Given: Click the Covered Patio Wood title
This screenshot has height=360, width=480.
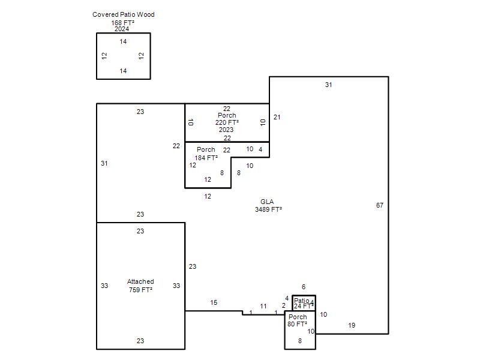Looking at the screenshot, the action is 124,14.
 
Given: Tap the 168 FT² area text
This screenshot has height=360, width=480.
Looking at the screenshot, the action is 123,23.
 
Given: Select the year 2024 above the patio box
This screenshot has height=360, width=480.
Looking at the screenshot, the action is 122,29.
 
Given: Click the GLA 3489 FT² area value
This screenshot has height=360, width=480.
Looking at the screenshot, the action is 268,209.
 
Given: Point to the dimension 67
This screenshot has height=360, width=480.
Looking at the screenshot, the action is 380,205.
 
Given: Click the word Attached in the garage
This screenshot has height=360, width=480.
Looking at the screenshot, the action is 140,281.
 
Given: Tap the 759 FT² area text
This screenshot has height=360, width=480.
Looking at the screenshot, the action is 140,290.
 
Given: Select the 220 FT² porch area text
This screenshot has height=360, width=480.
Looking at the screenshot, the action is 227,122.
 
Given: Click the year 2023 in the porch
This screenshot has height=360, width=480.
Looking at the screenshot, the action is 226,130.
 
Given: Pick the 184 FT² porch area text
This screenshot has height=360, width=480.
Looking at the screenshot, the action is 206,158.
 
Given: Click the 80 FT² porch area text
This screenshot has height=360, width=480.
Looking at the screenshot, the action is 297,324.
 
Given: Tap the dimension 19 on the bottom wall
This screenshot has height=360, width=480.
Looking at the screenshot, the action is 352,325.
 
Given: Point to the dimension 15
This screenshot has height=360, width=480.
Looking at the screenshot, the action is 214,303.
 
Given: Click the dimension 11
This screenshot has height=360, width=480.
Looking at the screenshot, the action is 263,306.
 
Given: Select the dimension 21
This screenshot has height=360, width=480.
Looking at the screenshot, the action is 277,117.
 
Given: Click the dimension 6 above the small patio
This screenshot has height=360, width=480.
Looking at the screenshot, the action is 304,287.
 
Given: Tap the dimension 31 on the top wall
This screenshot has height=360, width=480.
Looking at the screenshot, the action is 328,85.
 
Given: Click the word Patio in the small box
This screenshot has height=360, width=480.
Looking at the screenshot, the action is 301,301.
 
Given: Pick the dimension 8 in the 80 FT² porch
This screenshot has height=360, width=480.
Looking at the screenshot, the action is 299,341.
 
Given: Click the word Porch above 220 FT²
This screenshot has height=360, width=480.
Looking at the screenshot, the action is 227,115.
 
